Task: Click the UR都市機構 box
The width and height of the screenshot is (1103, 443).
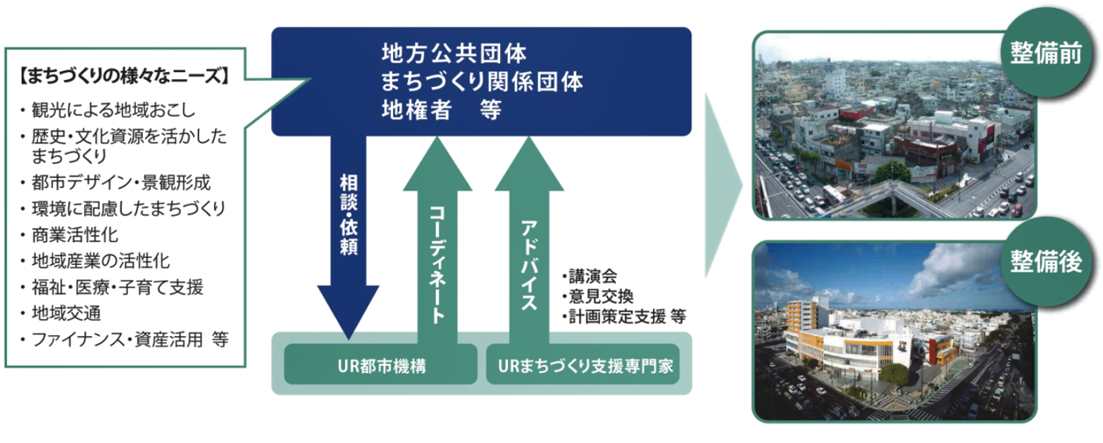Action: pyautogui.click(x=381, y=364)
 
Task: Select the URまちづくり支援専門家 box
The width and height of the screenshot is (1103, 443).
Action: pyautogui.click(x=583, y=364)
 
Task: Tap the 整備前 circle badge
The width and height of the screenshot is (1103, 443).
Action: pyautogui.click(x=1045, y=52)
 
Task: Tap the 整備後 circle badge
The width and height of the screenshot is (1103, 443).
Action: pyautogui.click(x=1045, y=261)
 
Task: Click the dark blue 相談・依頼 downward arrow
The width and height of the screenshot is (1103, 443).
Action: pyautogui.click(x=348, y=236)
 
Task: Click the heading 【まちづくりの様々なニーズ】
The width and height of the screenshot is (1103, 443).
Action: pyautogui.click(x=124, y=76)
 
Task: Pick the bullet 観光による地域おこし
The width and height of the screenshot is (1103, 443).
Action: pyautogui.click(x=113, y=110)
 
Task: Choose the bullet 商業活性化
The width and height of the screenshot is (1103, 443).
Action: pyautogui.click(x=75, y=235)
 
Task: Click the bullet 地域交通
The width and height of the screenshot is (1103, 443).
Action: pyautogui.click(x=67, y=313)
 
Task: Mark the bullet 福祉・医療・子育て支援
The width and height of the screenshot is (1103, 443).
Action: pyautogui.click(x=118, y=287)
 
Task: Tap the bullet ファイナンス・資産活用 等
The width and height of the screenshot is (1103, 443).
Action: pyautogui.click(x=130, y=339)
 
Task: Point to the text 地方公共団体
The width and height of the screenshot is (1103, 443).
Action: pyautogui.click(x=454, y=54)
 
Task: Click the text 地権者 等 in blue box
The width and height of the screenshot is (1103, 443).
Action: pyautogui.click(x=441, y=110)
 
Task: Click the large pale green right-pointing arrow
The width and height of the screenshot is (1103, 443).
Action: pyautogui.click(x=722, y=186)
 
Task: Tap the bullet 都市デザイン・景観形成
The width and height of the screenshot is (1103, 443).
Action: pyautogui.click(x=121, y=182)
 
